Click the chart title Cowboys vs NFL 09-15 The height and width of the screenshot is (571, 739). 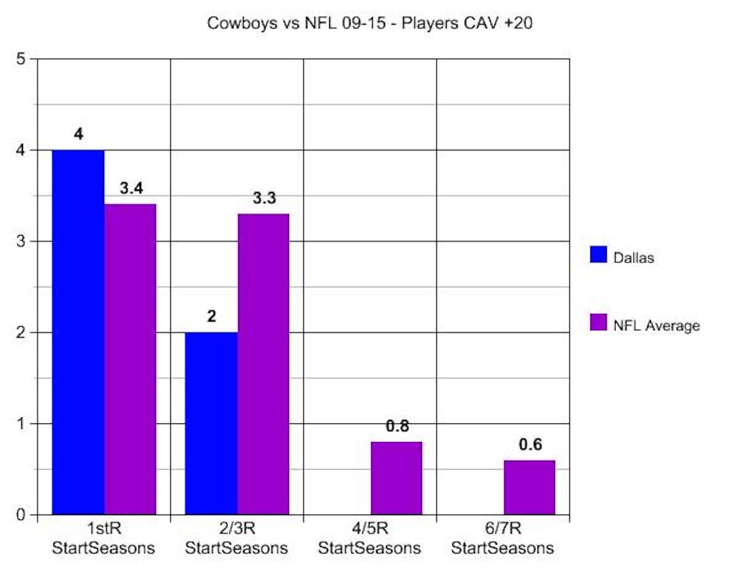(370, 23)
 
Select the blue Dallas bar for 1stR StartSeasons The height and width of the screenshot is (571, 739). (78, 332)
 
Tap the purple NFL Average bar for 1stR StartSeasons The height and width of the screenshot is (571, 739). (130, 359)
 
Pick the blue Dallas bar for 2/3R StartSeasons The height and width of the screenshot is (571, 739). (211, 423)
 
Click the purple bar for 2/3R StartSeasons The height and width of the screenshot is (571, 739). (263, 364)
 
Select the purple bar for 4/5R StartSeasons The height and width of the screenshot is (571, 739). (396, 478)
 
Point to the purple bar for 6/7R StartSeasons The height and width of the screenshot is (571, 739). (529, 487)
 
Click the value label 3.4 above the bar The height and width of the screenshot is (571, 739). (131, 189)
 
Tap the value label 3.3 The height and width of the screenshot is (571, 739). (264, 199)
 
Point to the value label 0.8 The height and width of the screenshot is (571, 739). (397, 426)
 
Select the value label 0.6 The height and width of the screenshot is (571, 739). (530, 444)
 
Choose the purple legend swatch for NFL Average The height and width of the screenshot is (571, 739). (598, 323)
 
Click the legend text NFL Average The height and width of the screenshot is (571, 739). (656, 325)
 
